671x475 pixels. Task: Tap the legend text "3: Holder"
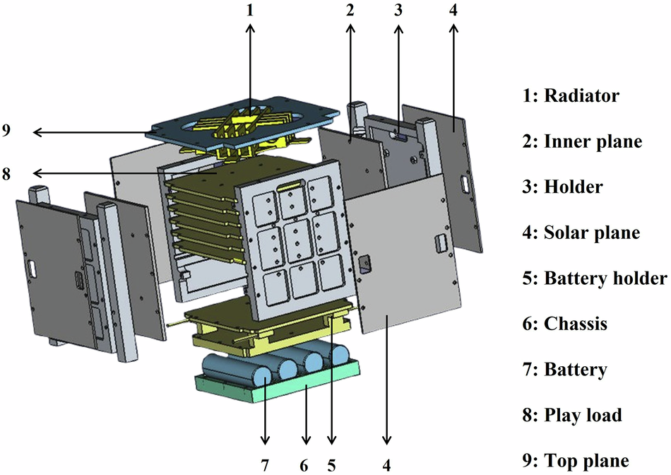pyautogui.click(x=563, y=187)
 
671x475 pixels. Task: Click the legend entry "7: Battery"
pyautogui.click(x=564, y=370)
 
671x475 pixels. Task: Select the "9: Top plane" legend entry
pyautogui.click(x=576, y=461)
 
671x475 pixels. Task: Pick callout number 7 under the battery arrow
pyautogui.click(x=266, y=465)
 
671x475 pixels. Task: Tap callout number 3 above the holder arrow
pyautogui.click(x=398, y=11)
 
